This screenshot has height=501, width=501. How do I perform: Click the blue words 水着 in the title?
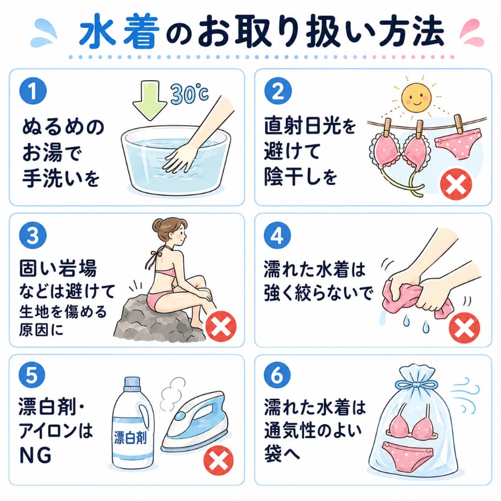click(120, 33)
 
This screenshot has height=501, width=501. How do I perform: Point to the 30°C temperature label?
click(190, 93)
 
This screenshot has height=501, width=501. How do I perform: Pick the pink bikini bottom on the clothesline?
click(458, 143)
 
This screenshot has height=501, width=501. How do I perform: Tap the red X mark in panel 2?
click(456, 184)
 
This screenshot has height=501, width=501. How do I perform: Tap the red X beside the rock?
click(221, 326)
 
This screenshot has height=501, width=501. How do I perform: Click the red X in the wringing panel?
click(464, 328)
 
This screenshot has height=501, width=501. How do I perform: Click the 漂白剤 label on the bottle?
click(130, 437)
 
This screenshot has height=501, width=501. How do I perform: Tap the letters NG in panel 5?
click(35, 455)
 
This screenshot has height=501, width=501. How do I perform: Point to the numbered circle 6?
click(277, 375)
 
